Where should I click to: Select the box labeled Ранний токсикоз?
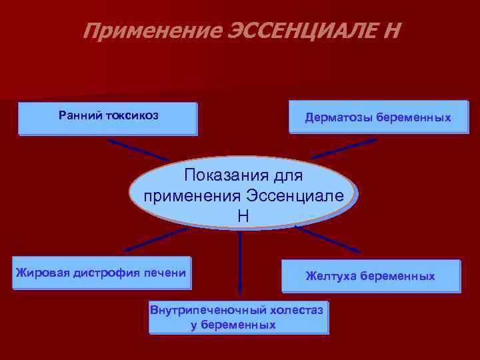108,119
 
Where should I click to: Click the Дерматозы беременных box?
378,117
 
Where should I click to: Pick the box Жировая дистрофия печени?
101,273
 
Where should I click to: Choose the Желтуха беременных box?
370,276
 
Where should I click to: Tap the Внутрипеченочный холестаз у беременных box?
238,317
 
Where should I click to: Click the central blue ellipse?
243,194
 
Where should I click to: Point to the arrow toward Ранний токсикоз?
137,150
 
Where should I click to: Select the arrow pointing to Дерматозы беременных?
344,148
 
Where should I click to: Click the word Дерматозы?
339,118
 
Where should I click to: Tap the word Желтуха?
331,276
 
